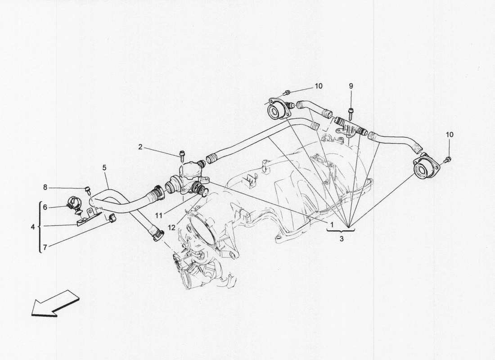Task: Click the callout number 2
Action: [x=140, y=147]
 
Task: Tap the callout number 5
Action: [x=104, y=167]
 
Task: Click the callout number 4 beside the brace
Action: [x=33, y=226]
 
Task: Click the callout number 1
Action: [x=331, y=224]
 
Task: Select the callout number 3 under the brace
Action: [x=342, y=239]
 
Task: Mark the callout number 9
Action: [x=351, y=85]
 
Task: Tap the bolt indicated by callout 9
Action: [x=351, y=110]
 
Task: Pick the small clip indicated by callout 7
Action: [x=111, y=219]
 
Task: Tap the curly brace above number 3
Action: [x=342, y=230]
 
